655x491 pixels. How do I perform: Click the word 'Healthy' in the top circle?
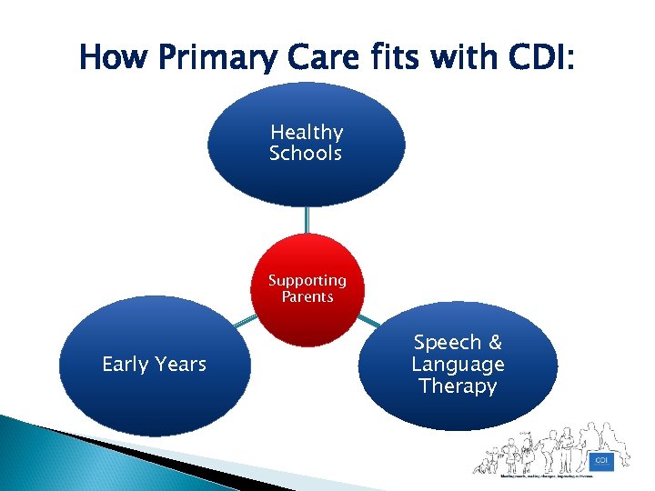tap(307, 133)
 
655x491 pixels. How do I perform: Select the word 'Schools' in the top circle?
tap(306, 154)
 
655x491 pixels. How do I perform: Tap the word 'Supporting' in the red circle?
tap(307, 280)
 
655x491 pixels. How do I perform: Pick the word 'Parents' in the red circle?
tap(307, 297)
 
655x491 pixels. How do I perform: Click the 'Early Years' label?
tap(154, 365)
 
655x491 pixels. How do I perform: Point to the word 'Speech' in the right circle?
tap(447, 343)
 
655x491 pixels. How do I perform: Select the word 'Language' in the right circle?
tap(458, 365)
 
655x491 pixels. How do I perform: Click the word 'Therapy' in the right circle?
tap(458, 386)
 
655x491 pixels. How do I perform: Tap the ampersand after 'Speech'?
tap(495, 343)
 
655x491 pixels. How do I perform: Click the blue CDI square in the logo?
tap(600, 460)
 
